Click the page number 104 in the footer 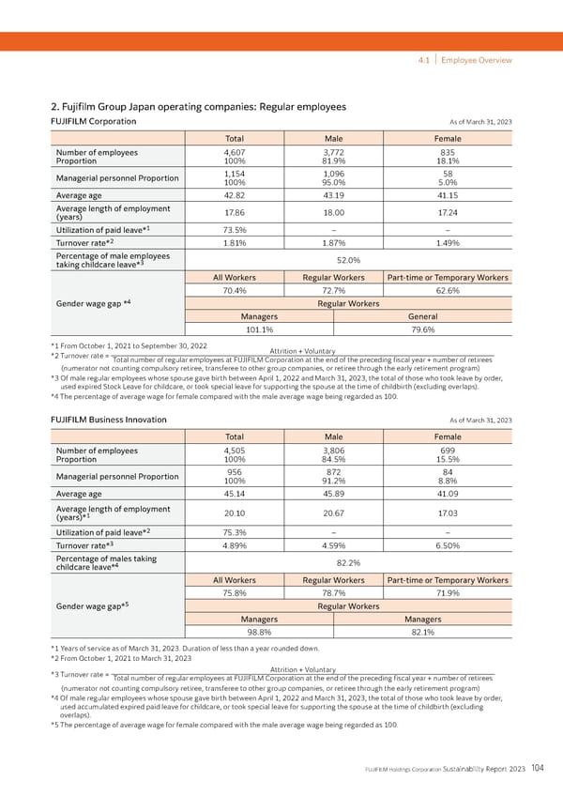537,769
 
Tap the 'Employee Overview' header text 478,60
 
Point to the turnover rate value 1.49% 448,241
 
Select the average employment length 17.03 448,513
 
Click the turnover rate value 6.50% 448,544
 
